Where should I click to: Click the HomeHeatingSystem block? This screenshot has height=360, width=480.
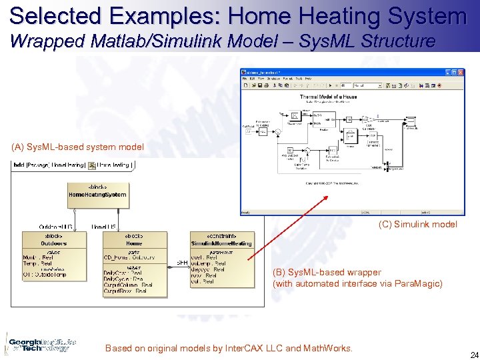(97, 191)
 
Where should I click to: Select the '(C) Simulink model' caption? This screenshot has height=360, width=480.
(418, 225)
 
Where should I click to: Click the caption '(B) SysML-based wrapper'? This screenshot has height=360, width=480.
(327, 272)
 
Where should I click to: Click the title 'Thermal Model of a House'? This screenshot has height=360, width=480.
(328, 97)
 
